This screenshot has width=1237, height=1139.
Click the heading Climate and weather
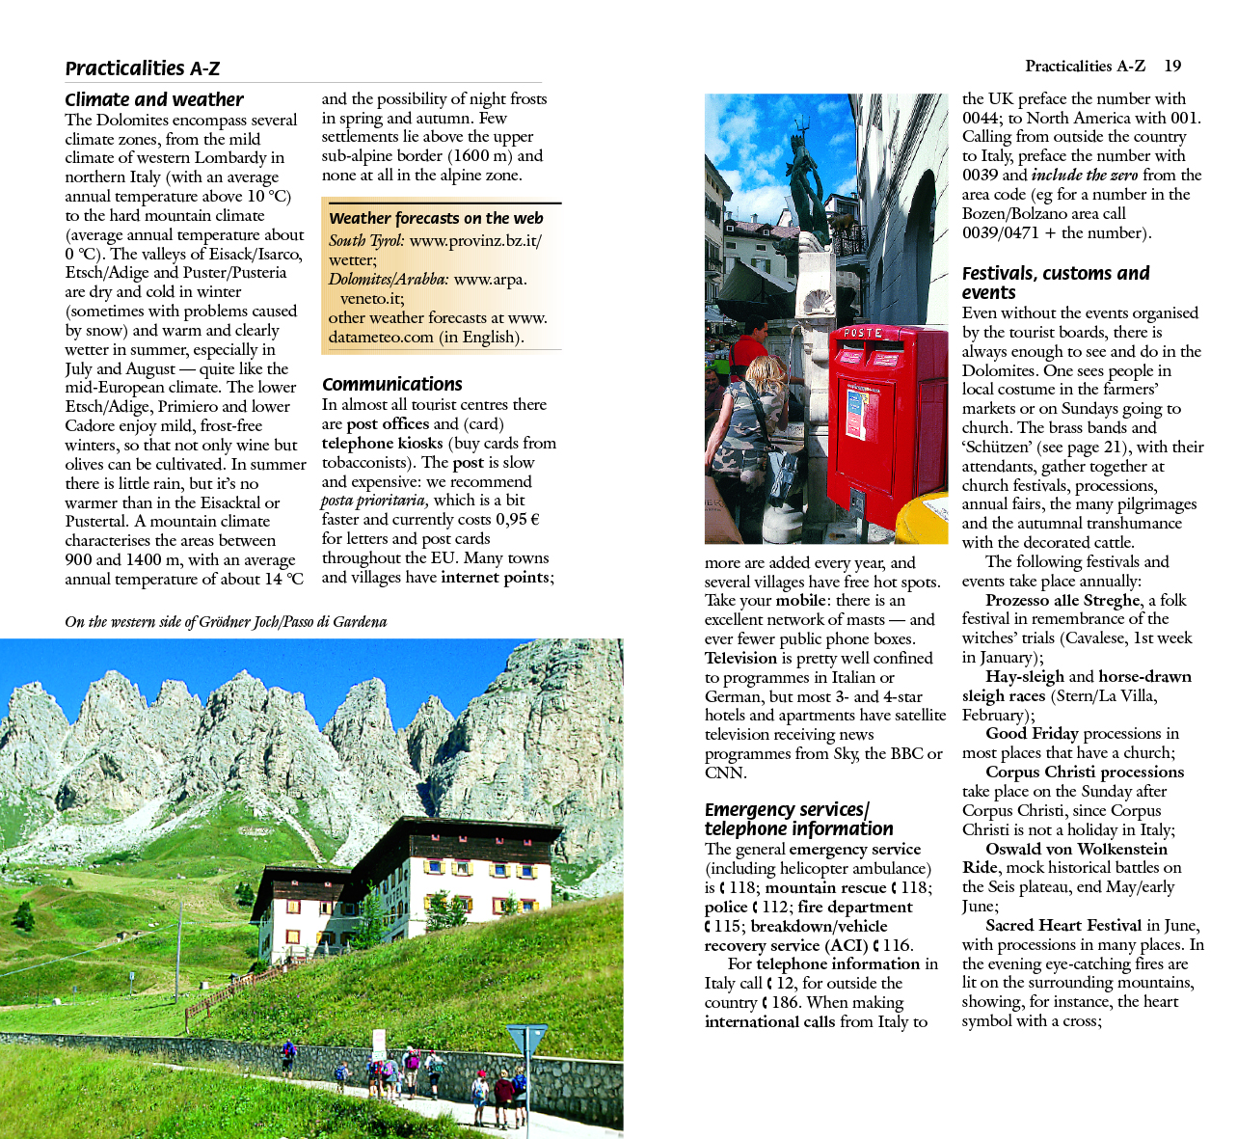pos(154,99)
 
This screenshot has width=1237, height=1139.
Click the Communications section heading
pos(392,384)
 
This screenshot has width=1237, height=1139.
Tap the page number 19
pos(1172,66)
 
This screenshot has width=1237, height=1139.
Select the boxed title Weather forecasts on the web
pos(436,218)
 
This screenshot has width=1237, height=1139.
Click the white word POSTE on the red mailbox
pos(863,333)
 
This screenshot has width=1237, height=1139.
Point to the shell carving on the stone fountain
pos(819,302)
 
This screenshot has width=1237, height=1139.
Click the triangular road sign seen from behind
pos(526,1039)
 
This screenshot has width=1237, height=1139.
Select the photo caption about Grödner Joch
pos(226,622)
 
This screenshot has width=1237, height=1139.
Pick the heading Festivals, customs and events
pos(1056,283)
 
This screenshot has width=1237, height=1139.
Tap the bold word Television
pos(740,658)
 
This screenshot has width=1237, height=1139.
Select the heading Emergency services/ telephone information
pos(799,819)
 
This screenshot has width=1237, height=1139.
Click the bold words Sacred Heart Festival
pos(1063,925)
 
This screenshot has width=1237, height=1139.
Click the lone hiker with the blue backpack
pos(288,1057)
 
